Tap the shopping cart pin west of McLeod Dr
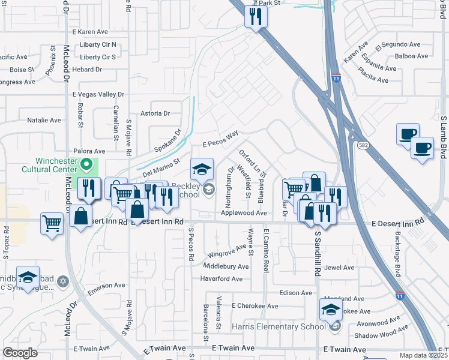(x=52, y=224)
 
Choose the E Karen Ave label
(x=89, y=31)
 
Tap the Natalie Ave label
(x=44, y=120)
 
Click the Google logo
(x=20, y=353)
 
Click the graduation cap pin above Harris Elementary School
(x=330, y=310)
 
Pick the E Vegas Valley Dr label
(x=98, y=94)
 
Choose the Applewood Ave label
(x=244, y=213)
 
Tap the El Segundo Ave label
(x=397, y=45)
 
